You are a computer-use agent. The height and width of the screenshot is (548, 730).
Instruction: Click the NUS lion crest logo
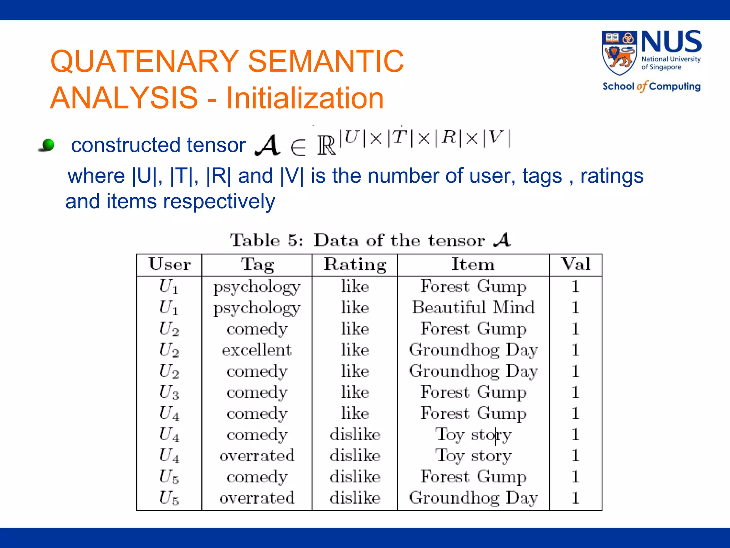[620, 54]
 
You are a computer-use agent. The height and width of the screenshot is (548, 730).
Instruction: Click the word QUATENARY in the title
[144, 61]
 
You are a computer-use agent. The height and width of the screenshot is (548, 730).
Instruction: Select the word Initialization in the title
[305, 98]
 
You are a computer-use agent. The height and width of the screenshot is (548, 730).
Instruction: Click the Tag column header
[257, 265]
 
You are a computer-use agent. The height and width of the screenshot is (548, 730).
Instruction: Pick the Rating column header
[355, 265]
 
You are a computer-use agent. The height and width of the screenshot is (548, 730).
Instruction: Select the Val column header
[575, 265]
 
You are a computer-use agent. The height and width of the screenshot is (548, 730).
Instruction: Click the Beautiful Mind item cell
[473, 307]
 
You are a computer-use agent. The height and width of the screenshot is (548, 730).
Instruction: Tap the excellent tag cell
[257, 350]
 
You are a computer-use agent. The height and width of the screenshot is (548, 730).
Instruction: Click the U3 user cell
[169, 392]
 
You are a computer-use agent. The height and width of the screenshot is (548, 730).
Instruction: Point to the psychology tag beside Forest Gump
[257, 286]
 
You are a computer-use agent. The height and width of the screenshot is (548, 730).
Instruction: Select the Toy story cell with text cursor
[473, 435]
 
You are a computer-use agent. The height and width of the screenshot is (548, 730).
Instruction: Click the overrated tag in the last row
[257, 498]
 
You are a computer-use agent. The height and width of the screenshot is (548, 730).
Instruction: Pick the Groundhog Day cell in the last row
[473, 498]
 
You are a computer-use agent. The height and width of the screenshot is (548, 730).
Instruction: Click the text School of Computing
[651, 86]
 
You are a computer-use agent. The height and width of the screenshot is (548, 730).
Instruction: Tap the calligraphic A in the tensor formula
[267, 145]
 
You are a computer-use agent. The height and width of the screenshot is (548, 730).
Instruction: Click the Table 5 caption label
[266, 240]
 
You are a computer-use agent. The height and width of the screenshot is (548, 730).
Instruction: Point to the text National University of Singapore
[670, 63]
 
